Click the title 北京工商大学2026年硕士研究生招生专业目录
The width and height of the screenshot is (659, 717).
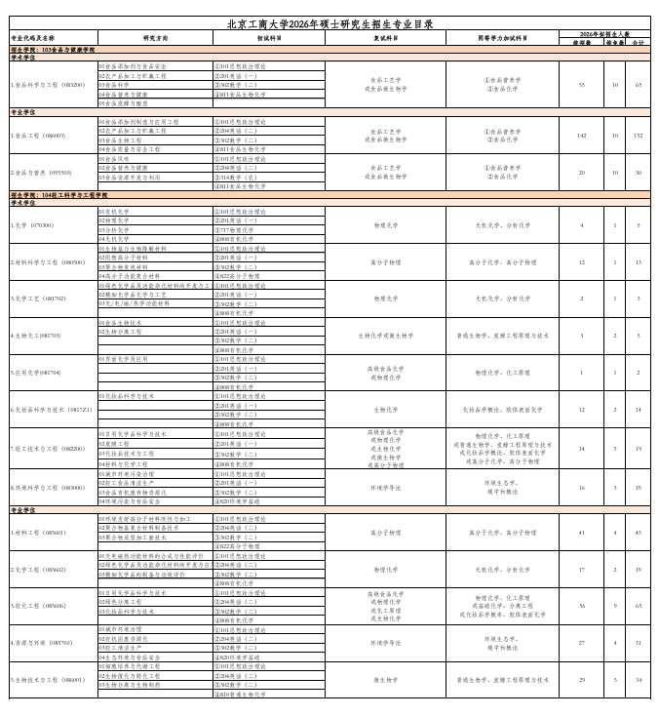tap(329, 23)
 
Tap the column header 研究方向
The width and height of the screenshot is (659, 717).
tap(155, 39)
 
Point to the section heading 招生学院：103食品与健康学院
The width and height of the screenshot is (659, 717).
tap(53, 49)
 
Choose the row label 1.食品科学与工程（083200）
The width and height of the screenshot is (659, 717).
tap(48, 85)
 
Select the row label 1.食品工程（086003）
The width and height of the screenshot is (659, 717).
tap(38, 136)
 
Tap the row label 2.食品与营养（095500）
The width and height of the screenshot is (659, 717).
tap(41, 173)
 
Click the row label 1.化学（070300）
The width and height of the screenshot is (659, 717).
tap(31, 225)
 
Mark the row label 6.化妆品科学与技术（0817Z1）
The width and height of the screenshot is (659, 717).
tap(51, 410)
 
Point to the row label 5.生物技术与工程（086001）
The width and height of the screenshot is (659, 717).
tap(48, 680)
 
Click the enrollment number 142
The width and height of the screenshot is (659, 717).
tap(582, 136)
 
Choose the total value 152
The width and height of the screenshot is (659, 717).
tap(639, 136)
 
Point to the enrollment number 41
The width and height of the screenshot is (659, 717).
tap(582, 533)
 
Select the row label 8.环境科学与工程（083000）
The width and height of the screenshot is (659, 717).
tap(48, 487)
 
